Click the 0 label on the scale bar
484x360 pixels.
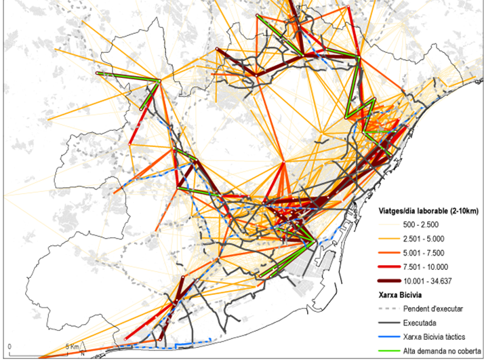9,346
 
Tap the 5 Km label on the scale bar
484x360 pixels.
71,346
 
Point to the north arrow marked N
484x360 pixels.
82,351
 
